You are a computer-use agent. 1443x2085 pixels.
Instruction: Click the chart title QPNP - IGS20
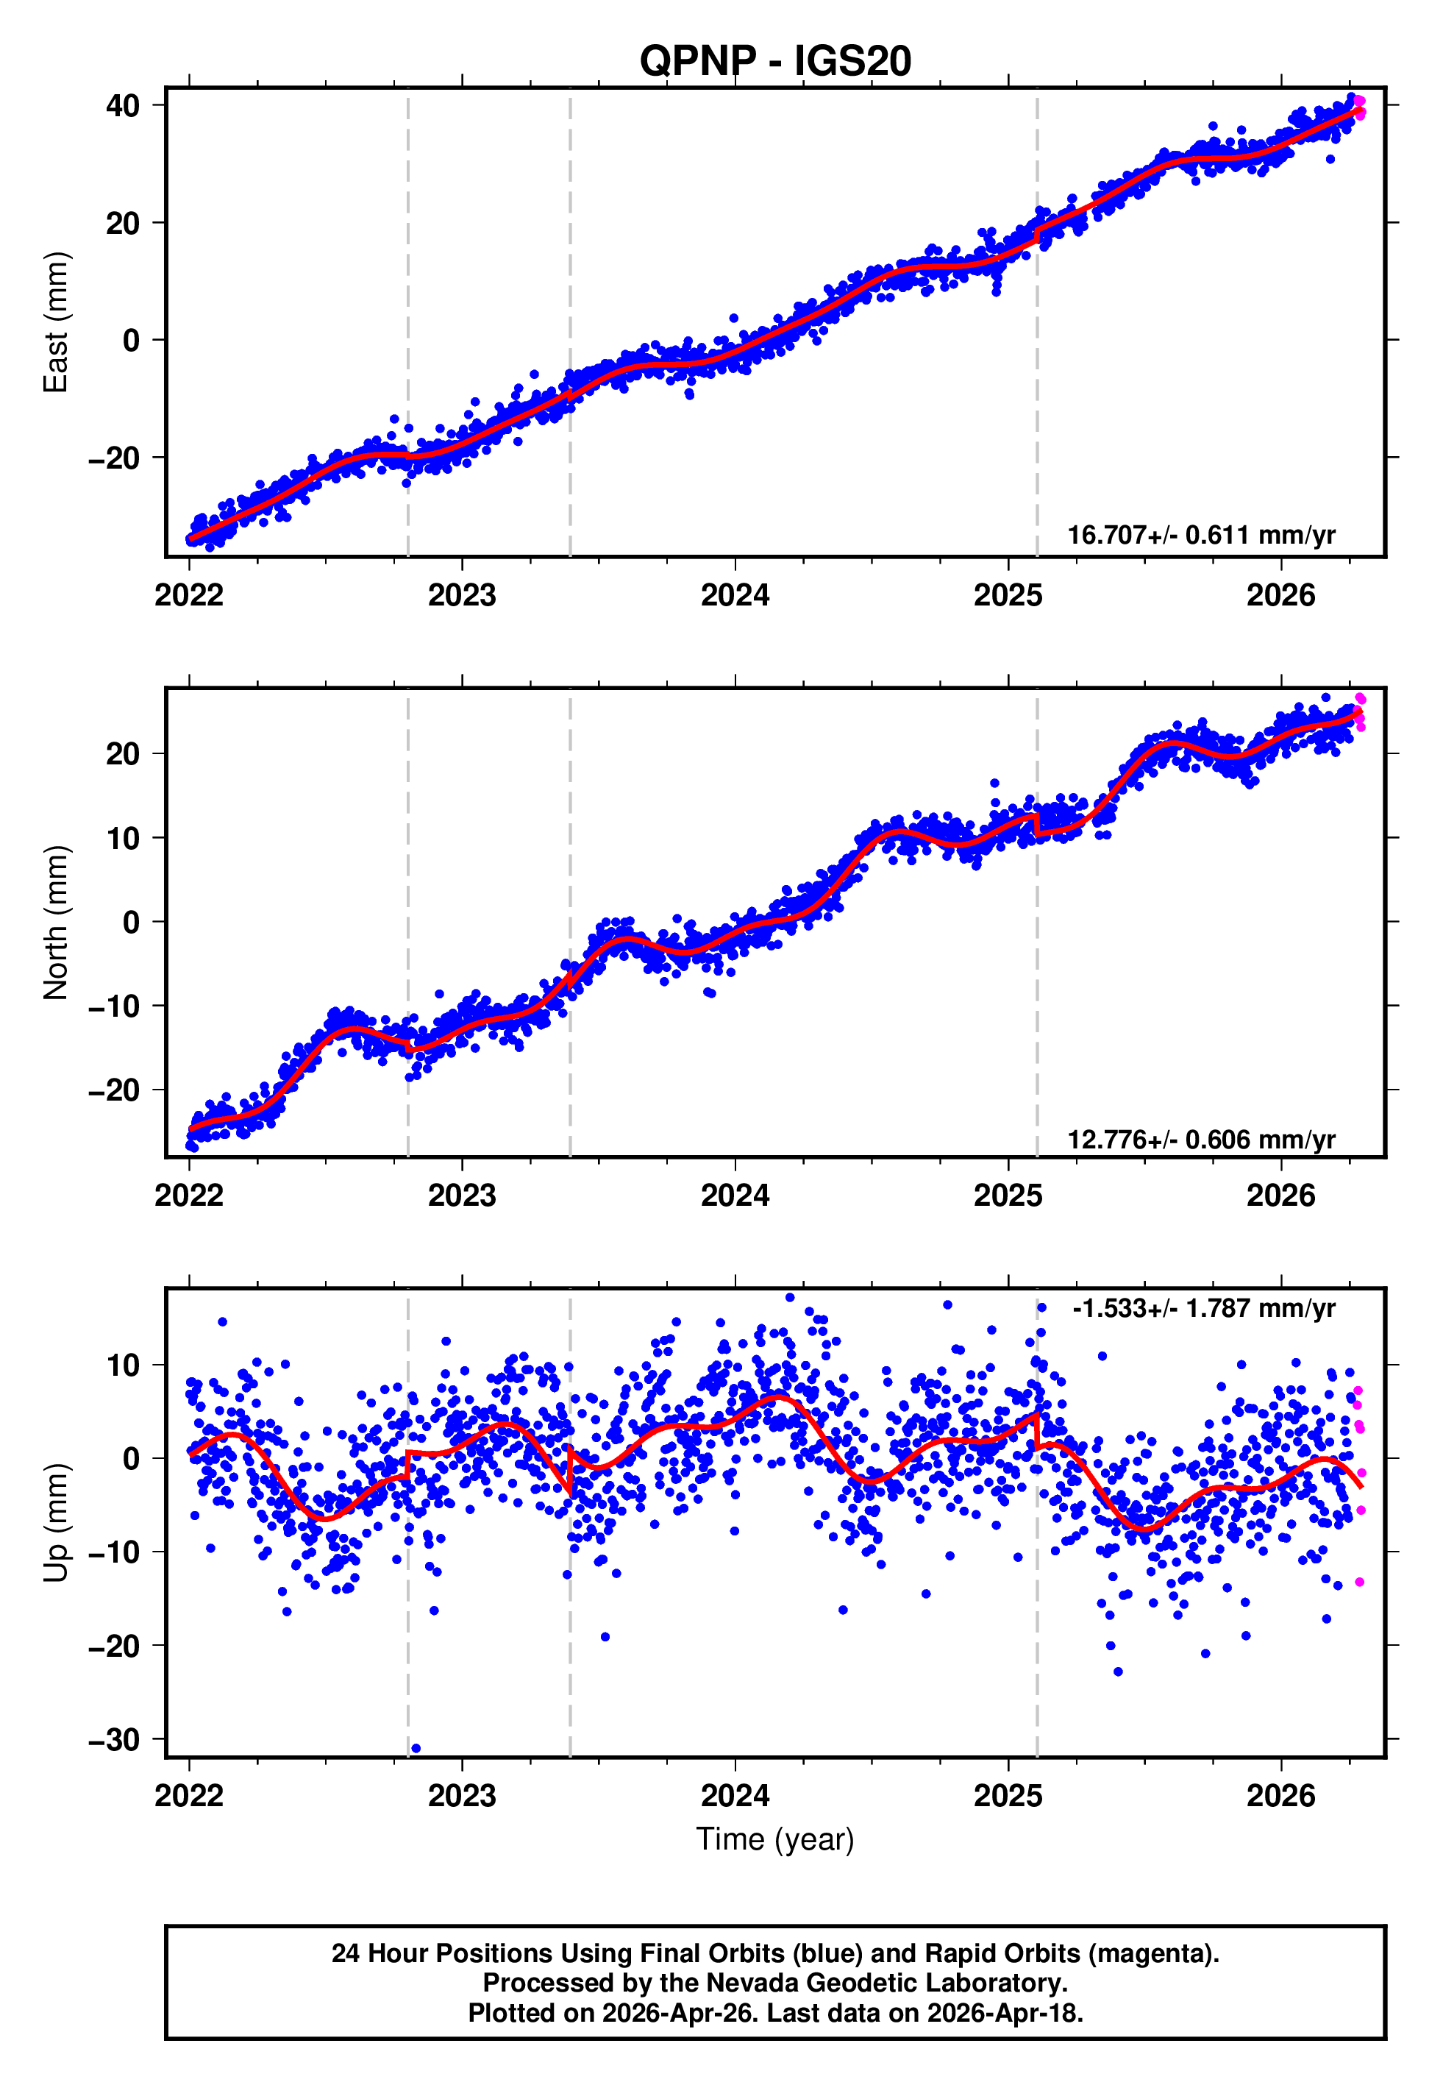tap(775, 60)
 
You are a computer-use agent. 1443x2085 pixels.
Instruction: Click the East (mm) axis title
tap(56, 322)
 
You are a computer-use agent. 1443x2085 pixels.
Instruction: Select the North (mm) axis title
tap(56, 923)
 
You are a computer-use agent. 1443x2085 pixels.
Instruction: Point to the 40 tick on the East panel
tap(123, 106)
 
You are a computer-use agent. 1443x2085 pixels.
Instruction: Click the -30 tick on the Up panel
tap(115, 1738)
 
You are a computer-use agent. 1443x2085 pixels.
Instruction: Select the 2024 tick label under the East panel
tap(735, 595)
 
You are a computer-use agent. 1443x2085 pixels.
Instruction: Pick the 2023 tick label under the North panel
tap(462, 1196)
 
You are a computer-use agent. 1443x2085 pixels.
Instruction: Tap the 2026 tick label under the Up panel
tap(1281, 1795)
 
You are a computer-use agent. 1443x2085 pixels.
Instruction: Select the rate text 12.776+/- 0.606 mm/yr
tap(1201, 1139)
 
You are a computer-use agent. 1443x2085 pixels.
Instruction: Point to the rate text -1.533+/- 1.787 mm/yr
tap(1203, 1308)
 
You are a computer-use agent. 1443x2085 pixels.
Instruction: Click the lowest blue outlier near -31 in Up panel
tap(416, 1749)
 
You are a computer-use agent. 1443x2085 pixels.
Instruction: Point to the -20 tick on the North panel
tap(115, 1090)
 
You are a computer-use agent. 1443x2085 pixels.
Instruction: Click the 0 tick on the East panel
tap(132, 341)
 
